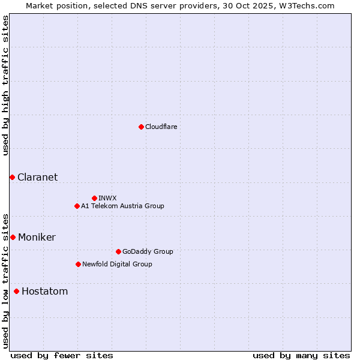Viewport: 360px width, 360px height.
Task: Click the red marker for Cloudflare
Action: tap(141, 127)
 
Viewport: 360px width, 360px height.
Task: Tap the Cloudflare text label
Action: tap(161, 127)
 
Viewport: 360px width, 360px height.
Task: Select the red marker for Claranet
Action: tap(12, 177)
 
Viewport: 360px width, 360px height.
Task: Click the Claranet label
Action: tap(37, 177)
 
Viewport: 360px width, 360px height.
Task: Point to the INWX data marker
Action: tap(94, 198)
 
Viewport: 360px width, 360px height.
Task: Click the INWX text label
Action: tap(107, 198)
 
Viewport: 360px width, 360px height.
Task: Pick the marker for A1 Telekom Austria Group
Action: tap(77, 206)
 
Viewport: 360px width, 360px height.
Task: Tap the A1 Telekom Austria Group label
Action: tap(122, 206)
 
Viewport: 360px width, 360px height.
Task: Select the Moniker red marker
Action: tap(13, 237)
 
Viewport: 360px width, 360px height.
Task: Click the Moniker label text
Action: tap(37, 237)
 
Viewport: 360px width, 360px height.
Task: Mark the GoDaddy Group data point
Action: tap(118, 251)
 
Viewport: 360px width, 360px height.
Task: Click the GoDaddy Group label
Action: tap(148, 251)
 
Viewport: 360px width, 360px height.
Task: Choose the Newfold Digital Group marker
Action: tap(78, 264)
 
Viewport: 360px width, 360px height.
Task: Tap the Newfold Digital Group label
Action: tap(117, 264)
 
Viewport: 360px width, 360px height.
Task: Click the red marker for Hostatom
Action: tap(16, 292)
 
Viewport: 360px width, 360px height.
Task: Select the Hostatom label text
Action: tap(44, 292)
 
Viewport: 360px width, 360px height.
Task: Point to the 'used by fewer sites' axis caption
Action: tap(62, 355)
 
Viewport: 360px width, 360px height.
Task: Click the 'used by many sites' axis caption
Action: tap(301, 355)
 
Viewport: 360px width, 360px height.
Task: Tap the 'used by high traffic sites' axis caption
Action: tap(5, 85)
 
